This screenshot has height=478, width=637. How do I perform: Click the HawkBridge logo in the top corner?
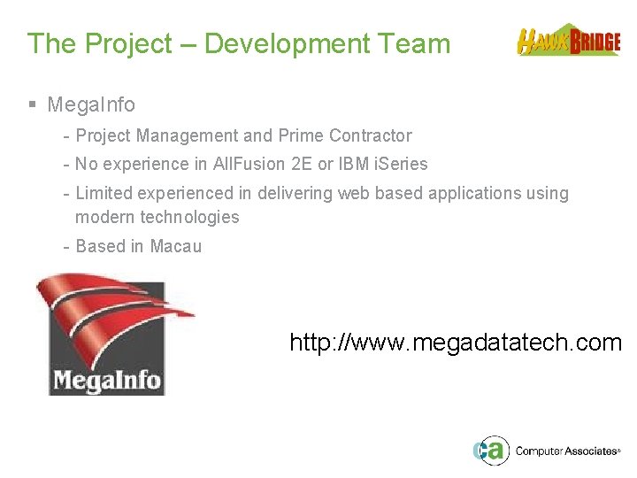[569, 41]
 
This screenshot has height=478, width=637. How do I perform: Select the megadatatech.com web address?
[456, 343]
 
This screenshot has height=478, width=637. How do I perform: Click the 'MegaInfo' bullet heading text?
[91, 104]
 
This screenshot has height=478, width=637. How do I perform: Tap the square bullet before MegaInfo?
[32, 104]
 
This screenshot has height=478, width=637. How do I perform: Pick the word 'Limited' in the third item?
[104, 193]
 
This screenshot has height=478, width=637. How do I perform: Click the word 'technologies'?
[192, 217]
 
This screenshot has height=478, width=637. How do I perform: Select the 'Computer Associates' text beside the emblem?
[565, 451]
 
